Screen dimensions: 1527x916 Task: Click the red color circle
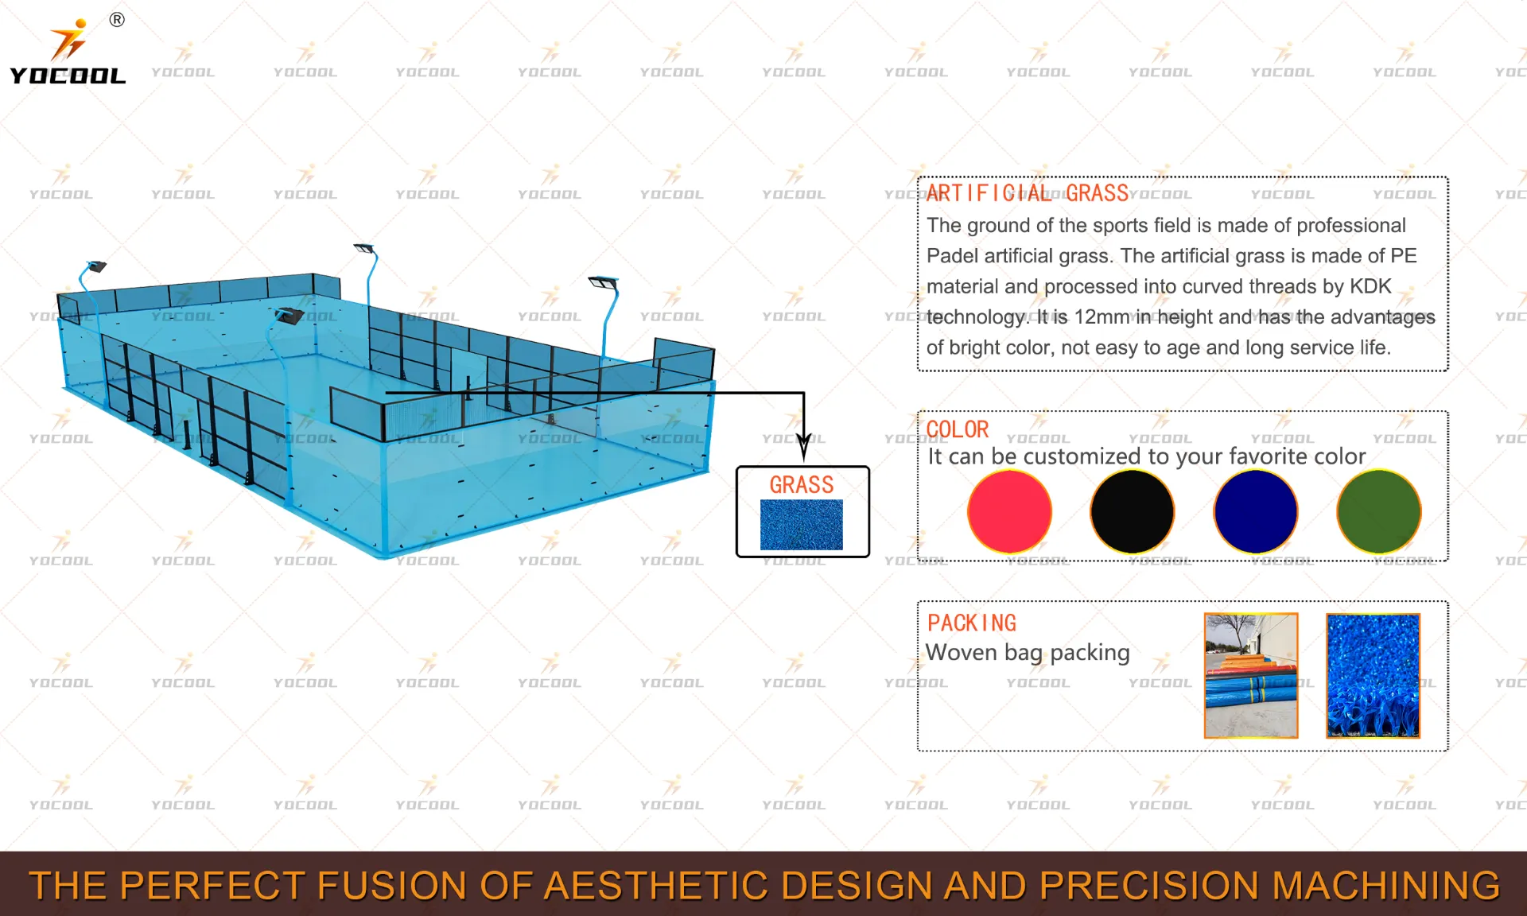pos(1009,511)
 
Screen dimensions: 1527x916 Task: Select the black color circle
pos(1133,511)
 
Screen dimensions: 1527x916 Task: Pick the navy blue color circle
pos(1256,511)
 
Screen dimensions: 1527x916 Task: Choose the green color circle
pos(1379,511)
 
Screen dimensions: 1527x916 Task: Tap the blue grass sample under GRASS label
pos(801,525)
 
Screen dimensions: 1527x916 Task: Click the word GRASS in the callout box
pos(802,484)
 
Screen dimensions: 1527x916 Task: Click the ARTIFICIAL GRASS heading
pos(1028,193)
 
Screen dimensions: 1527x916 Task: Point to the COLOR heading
pos(958,429)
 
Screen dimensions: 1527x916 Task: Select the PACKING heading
pos(972,623)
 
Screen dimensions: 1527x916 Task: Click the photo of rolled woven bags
pos(1251,675)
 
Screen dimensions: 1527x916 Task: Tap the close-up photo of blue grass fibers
pos(1374,675)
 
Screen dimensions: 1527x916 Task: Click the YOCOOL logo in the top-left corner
pos(68,52)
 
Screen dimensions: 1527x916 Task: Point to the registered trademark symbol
pos(117,20)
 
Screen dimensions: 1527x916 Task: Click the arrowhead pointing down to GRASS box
pos(804,448)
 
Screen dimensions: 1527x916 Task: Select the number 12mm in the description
pos(1102,317)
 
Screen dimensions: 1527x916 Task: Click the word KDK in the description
pos(1370,286)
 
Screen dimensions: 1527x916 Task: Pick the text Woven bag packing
pos(1028,653)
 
